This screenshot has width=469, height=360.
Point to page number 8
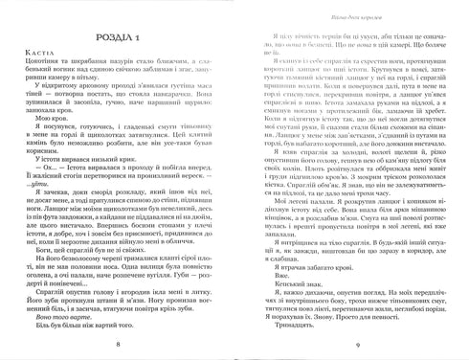point(115,344)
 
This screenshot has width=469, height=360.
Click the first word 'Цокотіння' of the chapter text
point(50,67)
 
